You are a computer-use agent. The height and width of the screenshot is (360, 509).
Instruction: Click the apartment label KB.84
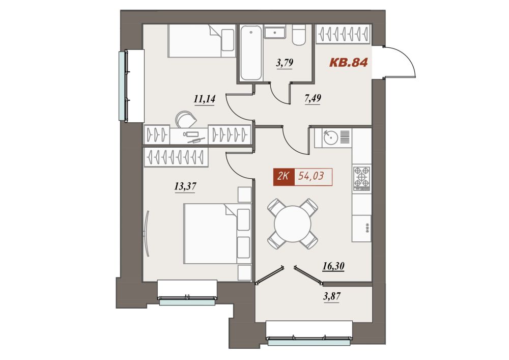[348, 62]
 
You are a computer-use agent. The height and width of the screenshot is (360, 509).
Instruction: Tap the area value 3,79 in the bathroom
[285, 63]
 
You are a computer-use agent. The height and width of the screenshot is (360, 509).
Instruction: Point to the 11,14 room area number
[205, 98]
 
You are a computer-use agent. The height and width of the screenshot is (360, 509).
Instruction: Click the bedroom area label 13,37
[185, 186]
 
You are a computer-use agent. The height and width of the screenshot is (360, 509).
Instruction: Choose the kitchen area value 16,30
[333, 266]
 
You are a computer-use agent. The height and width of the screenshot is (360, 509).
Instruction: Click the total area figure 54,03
[311, 176]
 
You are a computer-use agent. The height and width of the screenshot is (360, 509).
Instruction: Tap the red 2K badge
[284, 177]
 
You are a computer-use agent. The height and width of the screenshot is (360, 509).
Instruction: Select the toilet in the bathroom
[299, 35]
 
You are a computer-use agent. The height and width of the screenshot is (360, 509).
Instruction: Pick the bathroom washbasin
[275, 32]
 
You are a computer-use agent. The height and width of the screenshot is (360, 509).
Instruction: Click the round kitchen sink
[330, 137]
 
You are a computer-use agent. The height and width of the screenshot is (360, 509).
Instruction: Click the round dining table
[293, 224]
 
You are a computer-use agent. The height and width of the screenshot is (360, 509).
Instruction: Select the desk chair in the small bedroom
[186, 119]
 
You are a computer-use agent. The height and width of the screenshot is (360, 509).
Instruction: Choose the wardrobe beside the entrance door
[344, 34]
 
